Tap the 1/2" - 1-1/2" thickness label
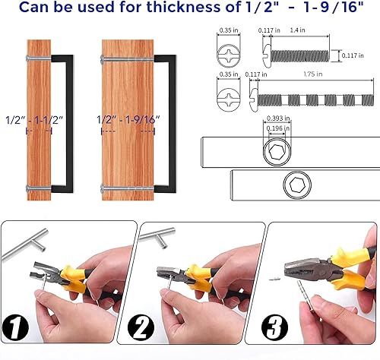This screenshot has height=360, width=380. tap(32, 120)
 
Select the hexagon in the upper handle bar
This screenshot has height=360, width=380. tap(275, 153)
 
